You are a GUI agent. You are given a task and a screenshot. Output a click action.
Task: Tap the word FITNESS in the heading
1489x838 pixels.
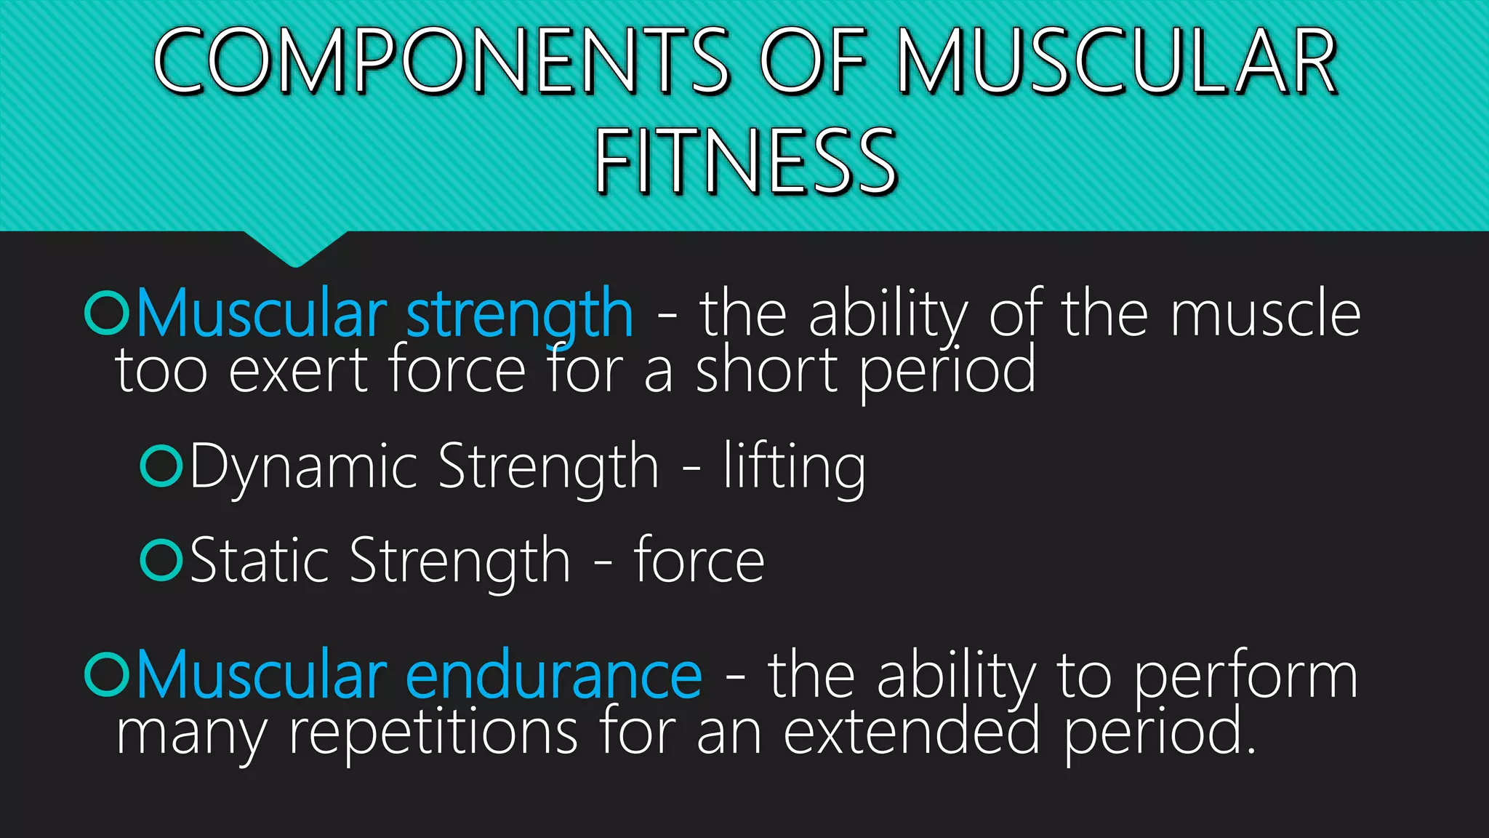pyautogui.click(x=747, y=161)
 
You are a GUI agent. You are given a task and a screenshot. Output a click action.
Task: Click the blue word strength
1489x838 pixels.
pyautogui.click(x=519, y=314)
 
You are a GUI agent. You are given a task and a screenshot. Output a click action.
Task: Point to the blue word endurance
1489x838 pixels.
pyautogui.click(x=553, y=675)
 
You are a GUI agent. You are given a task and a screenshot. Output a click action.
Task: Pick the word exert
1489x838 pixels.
pyautogui.click(x=298, y=370)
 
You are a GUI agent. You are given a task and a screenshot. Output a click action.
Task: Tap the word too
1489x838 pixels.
pyautogui.click(x=161, y=370)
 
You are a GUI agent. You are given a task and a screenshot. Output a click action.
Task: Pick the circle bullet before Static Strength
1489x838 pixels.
pyautogui.click(x=161, y=560)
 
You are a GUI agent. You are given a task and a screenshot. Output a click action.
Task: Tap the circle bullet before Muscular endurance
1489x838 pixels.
pyautogui.click(x=106, y=675)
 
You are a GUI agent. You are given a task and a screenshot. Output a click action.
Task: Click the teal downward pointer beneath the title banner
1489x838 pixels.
pyautogui.click(x=295, y=248)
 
